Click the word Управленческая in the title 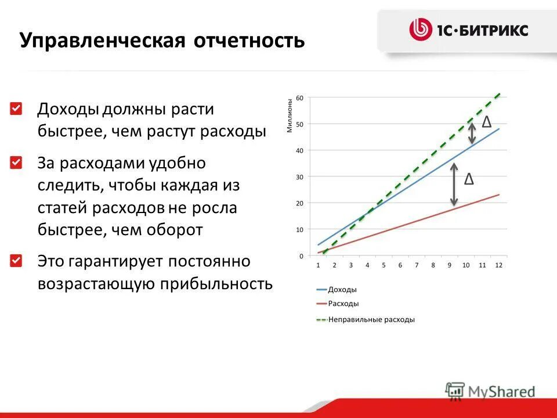click(102, 41)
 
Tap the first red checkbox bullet click(16, 109)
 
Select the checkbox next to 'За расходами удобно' click(16, 163)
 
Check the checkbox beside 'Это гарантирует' click(16, 260)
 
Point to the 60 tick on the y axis click(300, 98)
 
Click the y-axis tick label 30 click(300, 176)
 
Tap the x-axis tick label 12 click(498, 265)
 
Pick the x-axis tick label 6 click(400, 265)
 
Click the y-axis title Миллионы click(290, 116)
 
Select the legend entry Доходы click(342, 289)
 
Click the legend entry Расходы click(343, 304)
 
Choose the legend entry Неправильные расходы click(371, 319)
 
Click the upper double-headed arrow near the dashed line click(472, 132)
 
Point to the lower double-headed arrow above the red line click(454, 185)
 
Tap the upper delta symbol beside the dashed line click(487, 122)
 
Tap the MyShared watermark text click(502, 391)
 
